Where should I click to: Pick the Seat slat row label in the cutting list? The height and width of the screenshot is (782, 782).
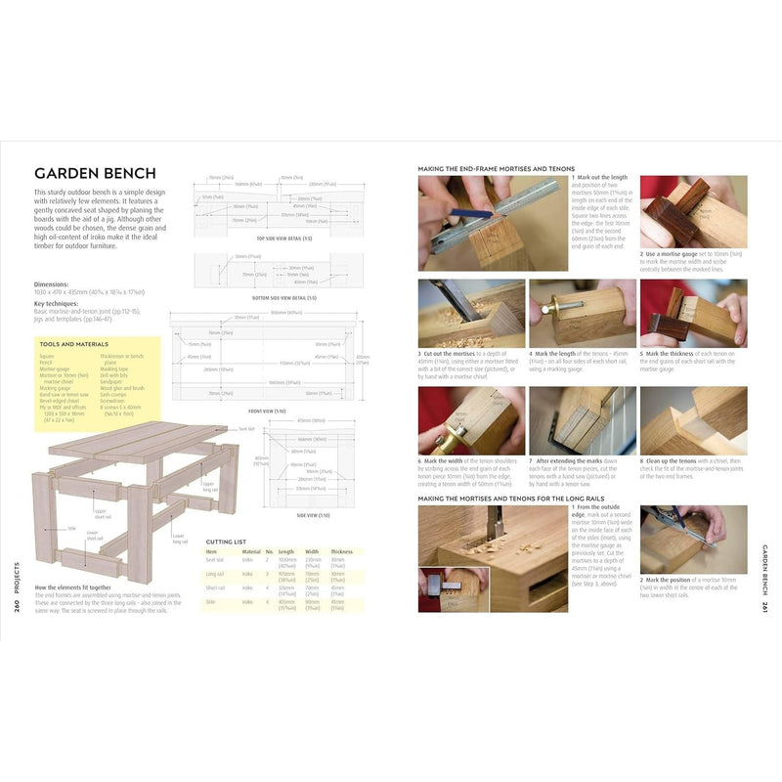[x=217, y=560]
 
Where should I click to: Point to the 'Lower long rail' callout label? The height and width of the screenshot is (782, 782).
[x=178, y=536]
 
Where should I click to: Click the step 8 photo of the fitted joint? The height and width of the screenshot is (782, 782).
[x=693, y=419]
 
